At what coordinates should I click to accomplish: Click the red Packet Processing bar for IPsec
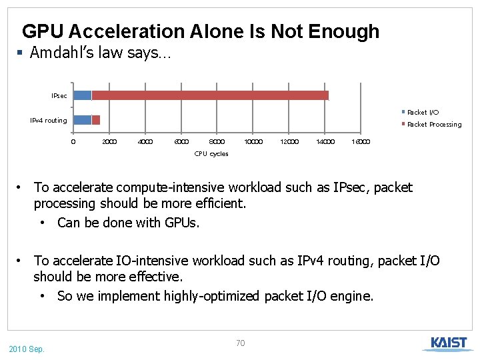(x=210, y=95)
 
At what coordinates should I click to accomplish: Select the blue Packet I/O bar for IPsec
(x=82, y=95)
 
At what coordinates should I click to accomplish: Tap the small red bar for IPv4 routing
(x=96, y=120)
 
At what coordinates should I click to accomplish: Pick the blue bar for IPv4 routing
(x=82, y=120)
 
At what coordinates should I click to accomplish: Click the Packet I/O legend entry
(x=422, y=112)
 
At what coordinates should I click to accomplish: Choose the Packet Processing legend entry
(x=433, y=125)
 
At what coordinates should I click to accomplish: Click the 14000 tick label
(x=325, y=141)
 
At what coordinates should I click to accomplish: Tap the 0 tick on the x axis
(x=73, y=141)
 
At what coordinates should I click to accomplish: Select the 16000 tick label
(x=361, y=141)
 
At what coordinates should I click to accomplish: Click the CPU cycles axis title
(x=211, y=154)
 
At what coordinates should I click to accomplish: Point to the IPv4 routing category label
(x=49, y=121)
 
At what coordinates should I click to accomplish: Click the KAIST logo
(x=448, y=344)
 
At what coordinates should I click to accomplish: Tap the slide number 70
(x=241, y=343)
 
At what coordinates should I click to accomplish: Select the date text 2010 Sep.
(x=27, y=349)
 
